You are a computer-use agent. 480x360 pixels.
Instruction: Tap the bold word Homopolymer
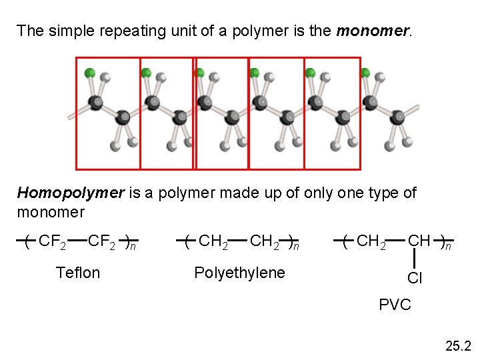[x=71, y=193]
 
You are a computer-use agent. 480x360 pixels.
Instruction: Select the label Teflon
[x=78, y=273]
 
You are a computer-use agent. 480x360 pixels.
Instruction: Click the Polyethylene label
[x=239, y=273]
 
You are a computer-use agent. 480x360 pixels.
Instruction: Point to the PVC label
[x=395, y=305]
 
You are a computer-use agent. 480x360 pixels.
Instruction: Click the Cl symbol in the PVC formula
[x=415, y=279]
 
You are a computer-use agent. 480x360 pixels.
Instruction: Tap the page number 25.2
[x=458, y=346]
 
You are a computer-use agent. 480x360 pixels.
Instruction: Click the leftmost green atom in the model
[x=89, y=72]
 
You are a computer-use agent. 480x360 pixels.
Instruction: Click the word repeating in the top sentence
[x=104, y=31]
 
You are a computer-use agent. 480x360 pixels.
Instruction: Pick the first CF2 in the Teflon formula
[x=52, y=241]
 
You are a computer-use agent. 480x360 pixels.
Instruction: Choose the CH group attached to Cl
[x=419, y=241]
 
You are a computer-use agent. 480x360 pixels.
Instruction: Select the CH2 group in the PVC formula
[x=371, y=241]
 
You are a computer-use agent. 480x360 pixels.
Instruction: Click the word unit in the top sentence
[x=150, y=31]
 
